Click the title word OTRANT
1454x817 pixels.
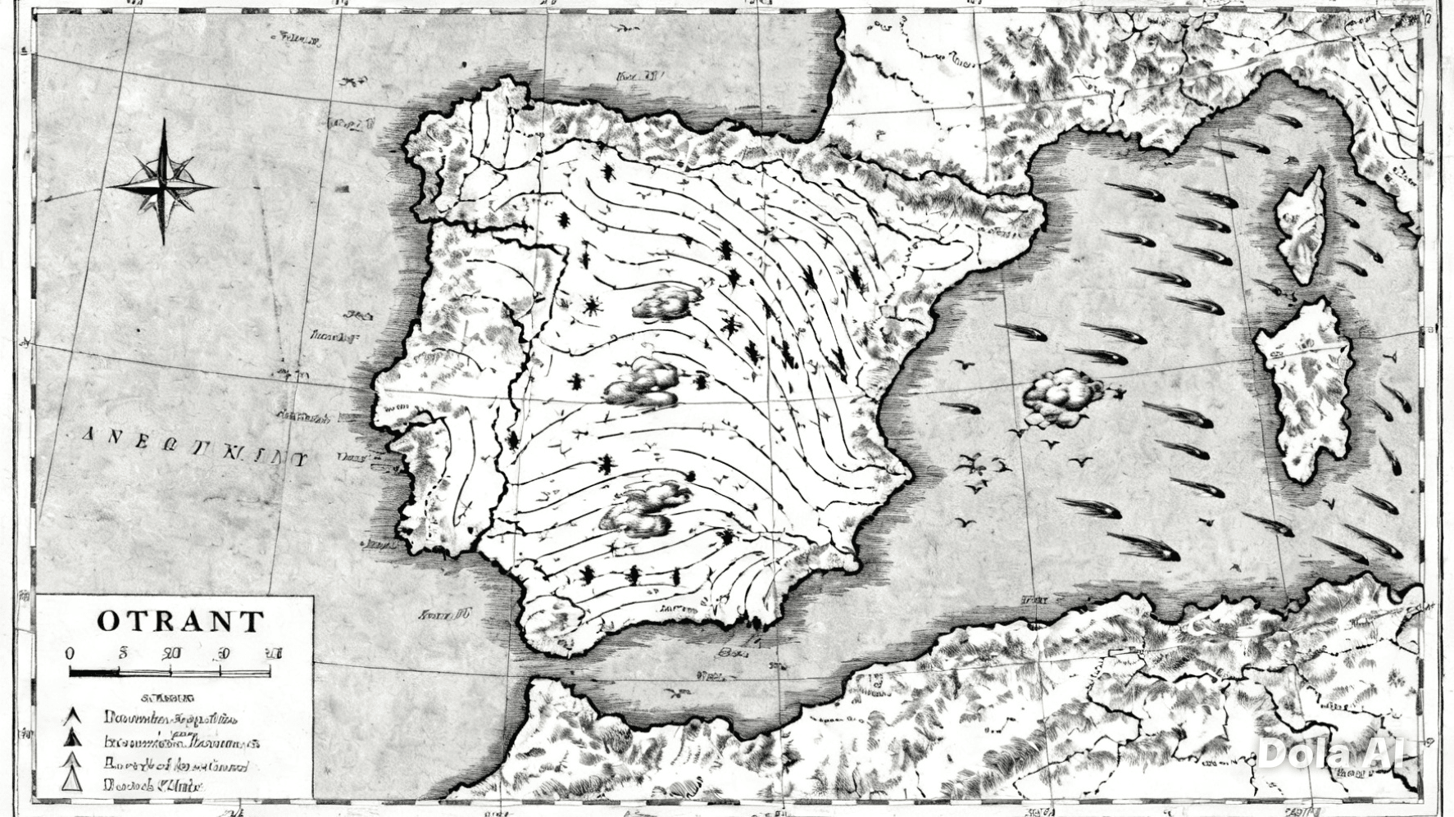tap(180, 621)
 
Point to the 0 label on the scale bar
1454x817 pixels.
tap(70, 653)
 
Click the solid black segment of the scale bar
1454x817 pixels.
tap(94, 673)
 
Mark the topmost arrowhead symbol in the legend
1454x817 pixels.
tap(74, 717)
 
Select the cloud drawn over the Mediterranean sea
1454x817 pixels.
tap(1062, 397)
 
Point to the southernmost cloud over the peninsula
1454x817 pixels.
tap(643, 508)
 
